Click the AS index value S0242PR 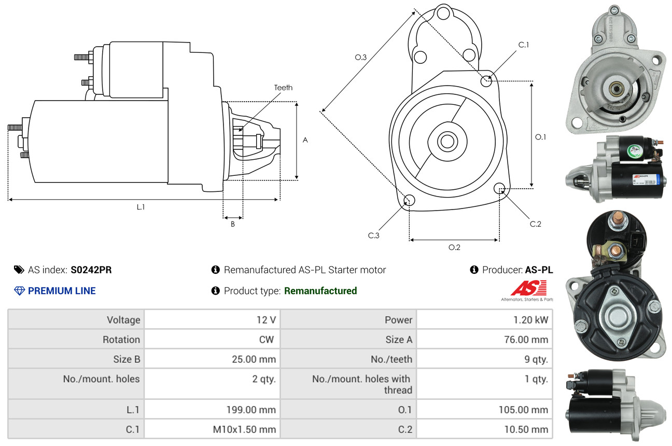pos(91,270)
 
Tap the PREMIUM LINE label pos(62,291)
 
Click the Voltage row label pos(123,320)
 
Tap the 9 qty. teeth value pos(534,359)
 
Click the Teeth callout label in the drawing pos(283,88)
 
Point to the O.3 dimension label pos(361,58)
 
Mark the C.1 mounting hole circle pos(486,81)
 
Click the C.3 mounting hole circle pos(409,201)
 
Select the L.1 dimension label pos(141,207)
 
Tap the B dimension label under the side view pos(233,225)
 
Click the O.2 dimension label pos(454,247)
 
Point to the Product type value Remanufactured pos(320,291)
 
